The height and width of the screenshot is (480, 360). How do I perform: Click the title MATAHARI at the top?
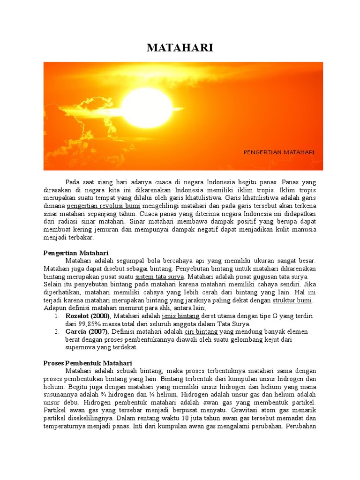pyautogui.click(x=180, y=48)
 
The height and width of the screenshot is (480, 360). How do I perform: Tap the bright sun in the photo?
pyautogui.click(x=147, y=107)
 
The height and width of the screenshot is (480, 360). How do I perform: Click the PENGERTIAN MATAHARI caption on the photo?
pyautogui.click(x=279, y=152)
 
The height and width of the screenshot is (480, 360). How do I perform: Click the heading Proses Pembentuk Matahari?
pyautogui.click(x=88, y=363)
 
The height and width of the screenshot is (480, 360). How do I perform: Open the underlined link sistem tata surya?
pyautogui.click(x=159, y=277)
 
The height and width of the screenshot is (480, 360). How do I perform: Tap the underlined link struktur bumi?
pyautogui.click(x=292, y=300)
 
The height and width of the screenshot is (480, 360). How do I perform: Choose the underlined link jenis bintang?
pyautogui.click(x=181, y=316)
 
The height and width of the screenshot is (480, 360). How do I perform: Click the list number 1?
pyautogui.click(x=56, y=316)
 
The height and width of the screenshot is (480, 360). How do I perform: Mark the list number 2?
pyautogui.click(x=56, y=331)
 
